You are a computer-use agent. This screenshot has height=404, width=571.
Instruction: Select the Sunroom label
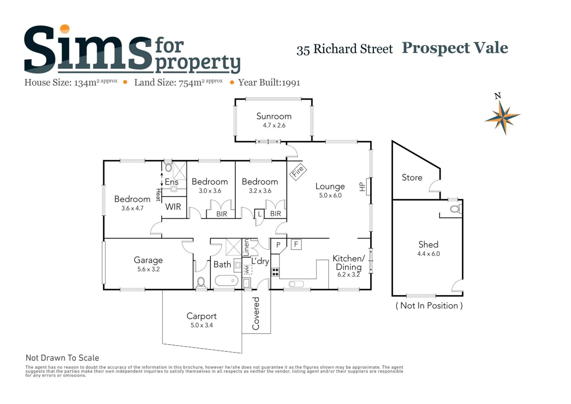pos(274,116)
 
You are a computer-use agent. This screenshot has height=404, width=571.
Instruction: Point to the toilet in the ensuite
pos(168,167)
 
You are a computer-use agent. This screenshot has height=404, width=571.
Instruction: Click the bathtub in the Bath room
pos(226,280)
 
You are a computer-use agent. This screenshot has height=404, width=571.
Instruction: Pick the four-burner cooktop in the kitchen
pos(275,272)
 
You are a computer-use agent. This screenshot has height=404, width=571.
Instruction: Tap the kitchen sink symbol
pos(296,284)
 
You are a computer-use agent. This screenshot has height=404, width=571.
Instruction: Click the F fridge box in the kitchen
pos(296,245)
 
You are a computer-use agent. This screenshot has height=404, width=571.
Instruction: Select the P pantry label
pos(278,245)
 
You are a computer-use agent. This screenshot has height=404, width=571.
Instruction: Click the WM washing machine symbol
pos(247,269)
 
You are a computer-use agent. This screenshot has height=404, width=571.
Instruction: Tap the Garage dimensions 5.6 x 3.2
pos(148,269)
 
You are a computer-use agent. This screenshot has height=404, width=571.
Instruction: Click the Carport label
pos(202,316)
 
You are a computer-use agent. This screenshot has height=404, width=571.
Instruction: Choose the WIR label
pos(173,207)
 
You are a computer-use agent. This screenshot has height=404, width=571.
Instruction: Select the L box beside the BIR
pos(259,214)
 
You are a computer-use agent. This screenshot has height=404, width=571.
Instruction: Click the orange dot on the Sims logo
pos(65,29)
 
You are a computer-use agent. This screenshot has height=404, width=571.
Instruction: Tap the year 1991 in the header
pos(291,83)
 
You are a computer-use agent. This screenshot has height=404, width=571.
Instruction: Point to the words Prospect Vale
pos(455,48)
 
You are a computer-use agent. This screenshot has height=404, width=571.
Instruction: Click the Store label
pos(412,177)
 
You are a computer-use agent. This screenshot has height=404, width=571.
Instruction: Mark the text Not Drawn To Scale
pos(62,358)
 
